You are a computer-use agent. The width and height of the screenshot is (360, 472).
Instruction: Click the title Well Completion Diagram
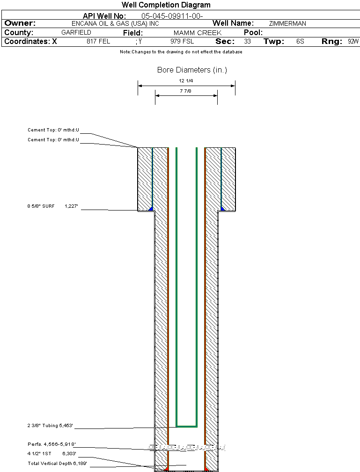(166, 5)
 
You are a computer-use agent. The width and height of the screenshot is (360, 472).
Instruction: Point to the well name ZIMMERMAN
(287, 23)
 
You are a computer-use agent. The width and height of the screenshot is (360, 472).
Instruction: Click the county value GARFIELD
(76, 33)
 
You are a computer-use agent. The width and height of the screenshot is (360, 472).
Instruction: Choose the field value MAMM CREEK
(197, 33)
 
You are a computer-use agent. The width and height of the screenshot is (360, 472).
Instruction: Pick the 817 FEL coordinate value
(98, 42)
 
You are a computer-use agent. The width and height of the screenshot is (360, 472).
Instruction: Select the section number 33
(247, 42)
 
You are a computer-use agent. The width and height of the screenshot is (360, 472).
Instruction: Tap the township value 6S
(300, 42)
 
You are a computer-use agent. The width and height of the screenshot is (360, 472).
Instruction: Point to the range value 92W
(353, 42)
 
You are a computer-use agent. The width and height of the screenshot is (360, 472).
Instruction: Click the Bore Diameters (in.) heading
(192, 70)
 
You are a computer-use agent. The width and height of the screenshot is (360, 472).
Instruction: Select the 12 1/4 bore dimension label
(186, 81)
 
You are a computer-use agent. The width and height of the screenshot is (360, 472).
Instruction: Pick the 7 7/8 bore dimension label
(186, 91)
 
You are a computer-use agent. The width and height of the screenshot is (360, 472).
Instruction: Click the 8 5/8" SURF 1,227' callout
(54, 206)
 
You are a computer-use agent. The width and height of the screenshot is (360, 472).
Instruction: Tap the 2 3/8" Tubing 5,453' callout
(50, 426)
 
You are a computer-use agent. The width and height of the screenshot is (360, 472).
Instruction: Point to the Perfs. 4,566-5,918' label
(51, 444)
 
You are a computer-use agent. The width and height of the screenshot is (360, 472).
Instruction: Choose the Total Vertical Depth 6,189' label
(57, 463)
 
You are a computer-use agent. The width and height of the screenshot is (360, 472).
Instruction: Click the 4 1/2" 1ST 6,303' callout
(51, 453)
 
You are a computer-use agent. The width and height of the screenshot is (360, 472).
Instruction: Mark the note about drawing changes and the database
(181, 52)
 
